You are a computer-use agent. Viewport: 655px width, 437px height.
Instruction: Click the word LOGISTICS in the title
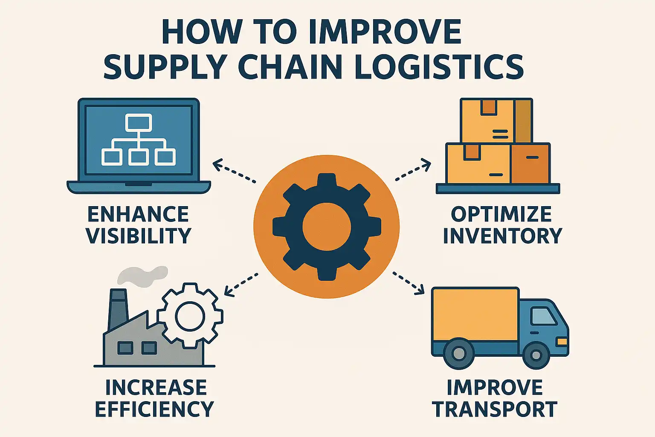point(439,67)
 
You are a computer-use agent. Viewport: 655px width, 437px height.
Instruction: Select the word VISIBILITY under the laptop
point(139,236)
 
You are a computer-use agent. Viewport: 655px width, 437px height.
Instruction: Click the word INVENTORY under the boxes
point(502,236)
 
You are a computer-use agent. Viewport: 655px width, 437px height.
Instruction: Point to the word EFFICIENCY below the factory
point(154,409)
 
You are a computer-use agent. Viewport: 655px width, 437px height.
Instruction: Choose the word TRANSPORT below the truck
point(495,409)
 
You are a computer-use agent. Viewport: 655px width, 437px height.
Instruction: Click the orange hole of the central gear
point(327,227)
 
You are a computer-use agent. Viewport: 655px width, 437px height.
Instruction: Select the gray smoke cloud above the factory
point(142,275)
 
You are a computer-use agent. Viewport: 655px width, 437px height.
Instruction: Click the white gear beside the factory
point(190,316)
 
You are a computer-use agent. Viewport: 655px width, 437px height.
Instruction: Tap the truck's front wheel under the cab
point(536,354)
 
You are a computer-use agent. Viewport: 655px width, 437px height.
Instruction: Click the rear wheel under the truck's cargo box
point(459,353)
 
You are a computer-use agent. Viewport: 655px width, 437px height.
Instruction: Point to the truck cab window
point(543,316)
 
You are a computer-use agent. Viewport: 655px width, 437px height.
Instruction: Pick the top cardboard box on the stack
point(496,121)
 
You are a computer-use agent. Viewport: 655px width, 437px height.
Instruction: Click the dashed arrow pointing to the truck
point(409,283)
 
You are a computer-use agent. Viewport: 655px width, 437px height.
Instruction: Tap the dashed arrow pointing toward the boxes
point(413,170)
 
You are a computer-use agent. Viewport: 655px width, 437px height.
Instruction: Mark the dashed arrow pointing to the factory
point(241,284)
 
